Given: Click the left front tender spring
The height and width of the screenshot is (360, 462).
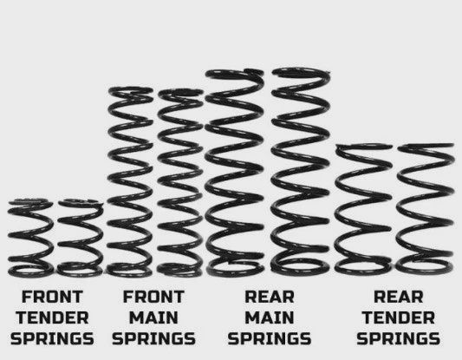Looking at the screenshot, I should click(29, 239).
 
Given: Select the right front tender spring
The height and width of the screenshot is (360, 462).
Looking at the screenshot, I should click(80, 239).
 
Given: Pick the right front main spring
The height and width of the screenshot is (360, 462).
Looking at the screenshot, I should click(180, 182).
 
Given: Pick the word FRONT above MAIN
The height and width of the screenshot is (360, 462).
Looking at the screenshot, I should click(153, 296).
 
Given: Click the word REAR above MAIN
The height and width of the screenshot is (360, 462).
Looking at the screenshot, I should click(270, 296).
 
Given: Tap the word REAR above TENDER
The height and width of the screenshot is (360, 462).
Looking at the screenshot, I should click(398, 296).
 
